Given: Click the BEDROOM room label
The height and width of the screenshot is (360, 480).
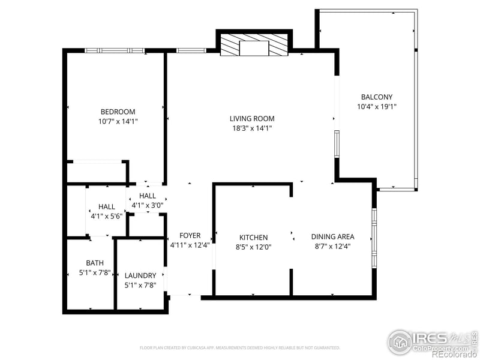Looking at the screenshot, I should [x=118, y=112].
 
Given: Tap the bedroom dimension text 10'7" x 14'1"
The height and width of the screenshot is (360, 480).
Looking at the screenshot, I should [x=118, y=121].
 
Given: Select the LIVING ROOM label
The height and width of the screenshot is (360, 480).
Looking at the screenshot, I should [x=252, y=119].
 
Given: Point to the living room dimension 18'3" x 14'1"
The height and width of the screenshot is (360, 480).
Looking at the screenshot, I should [x=252, y=128].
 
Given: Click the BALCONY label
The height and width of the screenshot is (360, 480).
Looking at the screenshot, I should [x=377, y=97].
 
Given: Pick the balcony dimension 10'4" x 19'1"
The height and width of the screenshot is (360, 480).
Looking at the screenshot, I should [x=377, y=106].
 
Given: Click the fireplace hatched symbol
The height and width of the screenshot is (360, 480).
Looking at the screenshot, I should [x=253, y=46].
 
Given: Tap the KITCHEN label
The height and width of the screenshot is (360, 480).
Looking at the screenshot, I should [x=253, y=238].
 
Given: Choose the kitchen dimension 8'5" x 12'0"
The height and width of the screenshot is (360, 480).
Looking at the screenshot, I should [x=253, y=247].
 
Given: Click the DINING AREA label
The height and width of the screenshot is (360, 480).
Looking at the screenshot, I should [x=332, y=237].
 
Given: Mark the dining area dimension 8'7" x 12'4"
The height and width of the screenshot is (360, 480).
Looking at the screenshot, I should [x=332, y=246].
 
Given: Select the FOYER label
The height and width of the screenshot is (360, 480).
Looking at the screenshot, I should [x=190, y=236].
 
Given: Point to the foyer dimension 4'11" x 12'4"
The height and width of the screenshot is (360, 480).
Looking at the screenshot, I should [x=190, y=245].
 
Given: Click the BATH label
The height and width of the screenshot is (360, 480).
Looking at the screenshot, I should [x=95, y=263].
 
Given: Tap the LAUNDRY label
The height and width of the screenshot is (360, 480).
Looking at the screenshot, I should [x=140, y=276].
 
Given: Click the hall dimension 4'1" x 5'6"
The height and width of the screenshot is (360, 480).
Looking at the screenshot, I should [x=107, y=216].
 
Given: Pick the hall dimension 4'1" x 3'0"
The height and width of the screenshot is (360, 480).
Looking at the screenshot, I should [x=148, y=205].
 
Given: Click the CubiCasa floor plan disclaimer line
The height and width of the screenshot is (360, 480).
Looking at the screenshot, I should [x=240, y=347].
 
